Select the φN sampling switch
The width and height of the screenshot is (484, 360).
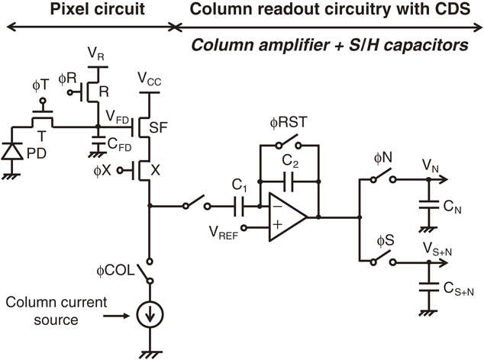(x=384, y=179)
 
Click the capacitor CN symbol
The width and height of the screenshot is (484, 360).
(x=428, y=206)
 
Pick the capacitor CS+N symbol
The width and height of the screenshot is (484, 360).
(x=428, y=288)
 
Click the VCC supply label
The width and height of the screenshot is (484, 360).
(x=150, y=78)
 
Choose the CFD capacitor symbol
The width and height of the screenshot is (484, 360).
(x=98, y=142)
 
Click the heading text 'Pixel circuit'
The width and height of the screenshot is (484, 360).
(x=87, y=11)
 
